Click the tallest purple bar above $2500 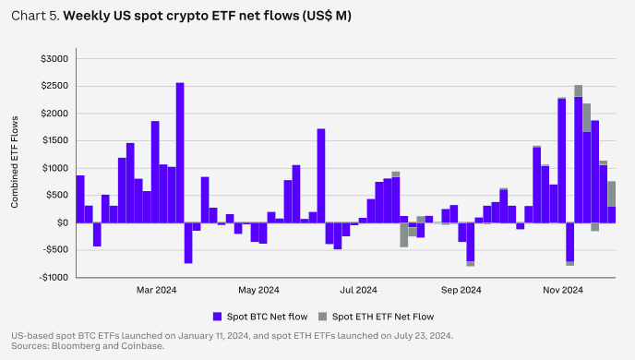point(180,152)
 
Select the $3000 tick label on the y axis point(54,59)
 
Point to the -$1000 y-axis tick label point(54,278)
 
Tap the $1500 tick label point(54,141)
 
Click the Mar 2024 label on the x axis point(156,290)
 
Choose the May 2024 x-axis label point(258,290)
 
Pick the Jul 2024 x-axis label point(358,290)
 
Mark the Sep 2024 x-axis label point(461,290)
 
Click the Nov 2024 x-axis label point(563,290)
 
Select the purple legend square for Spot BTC point(218,317)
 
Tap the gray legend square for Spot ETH point(322,317)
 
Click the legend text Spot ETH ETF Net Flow point(383,317)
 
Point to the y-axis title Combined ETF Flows point(15,162)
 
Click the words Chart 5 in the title point(36,16)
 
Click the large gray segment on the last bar point(612,194)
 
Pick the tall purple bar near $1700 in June point(321,175)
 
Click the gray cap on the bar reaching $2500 point(579,90)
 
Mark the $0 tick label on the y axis point(63,222)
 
